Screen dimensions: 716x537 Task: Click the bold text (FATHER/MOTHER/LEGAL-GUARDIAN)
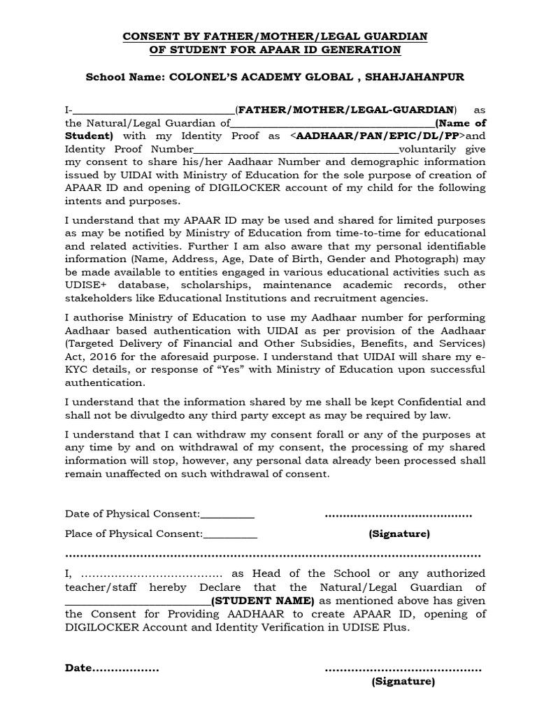(x=347, y=110)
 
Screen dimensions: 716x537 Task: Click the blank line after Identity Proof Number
(x=294, y=150)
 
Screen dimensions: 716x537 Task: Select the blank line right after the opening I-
(x=153, y=110)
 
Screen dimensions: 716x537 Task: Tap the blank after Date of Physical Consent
(x=227, y=515)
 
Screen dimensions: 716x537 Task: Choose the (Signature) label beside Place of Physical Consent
(x=399, y=534)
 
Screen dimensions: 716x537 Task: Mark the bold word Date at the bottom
(x=78, y=668)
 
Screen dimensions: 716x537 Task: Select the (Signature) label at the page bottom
(x=403, y=681)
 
